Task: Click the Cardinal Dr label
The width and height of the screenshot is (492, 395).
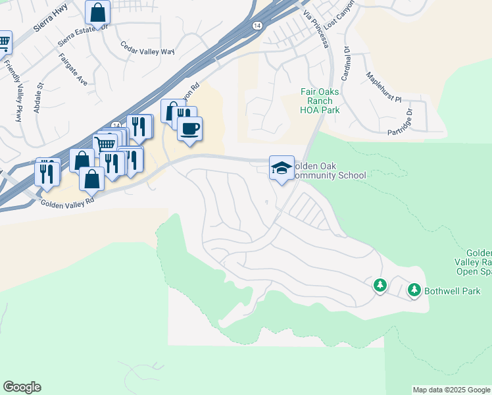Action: click(346, 61)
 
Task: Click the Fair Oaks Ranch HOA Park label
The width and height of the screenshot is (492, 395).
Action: click(320, 101)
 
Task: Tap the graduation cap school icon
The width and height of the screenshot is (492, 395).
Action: click(282, 168)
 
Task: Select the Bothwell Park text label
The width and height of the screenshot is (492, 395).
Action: click(453, 291)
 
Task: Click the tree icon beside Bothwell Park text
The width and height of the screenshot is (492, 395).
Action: click(414, 289)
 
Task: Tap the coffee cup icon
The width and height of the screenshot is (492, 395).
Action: click(189, 128)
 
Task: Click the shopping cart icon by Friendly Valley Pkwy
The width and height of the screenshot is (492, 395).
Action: click(4, 43)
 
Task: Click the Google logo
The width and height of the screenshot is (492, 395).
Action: click(22, 387)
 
